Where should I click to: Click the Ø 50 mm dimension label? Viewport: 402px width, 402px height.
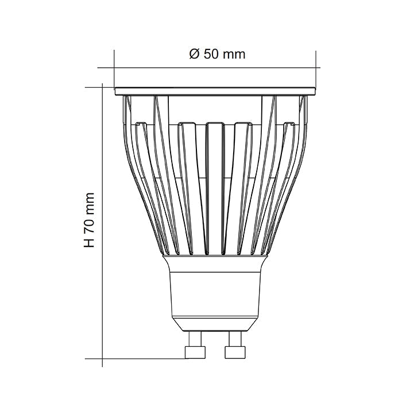[217, 55]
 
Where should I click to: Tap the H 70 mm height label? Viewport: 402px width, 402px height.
[89, 221]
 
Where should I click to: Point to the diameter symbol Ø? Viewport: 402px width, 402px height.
[194, 55]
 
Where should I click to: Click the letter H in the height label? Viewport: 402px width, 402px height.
[89, 243]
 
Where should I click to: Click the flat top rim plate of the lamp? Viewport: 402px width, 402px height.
[215, 91]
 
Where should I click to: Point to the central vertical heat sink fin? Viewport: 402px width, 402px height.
[215, 190]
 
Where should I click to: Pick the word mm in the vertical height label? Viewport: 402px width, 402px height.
[89, 201]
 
